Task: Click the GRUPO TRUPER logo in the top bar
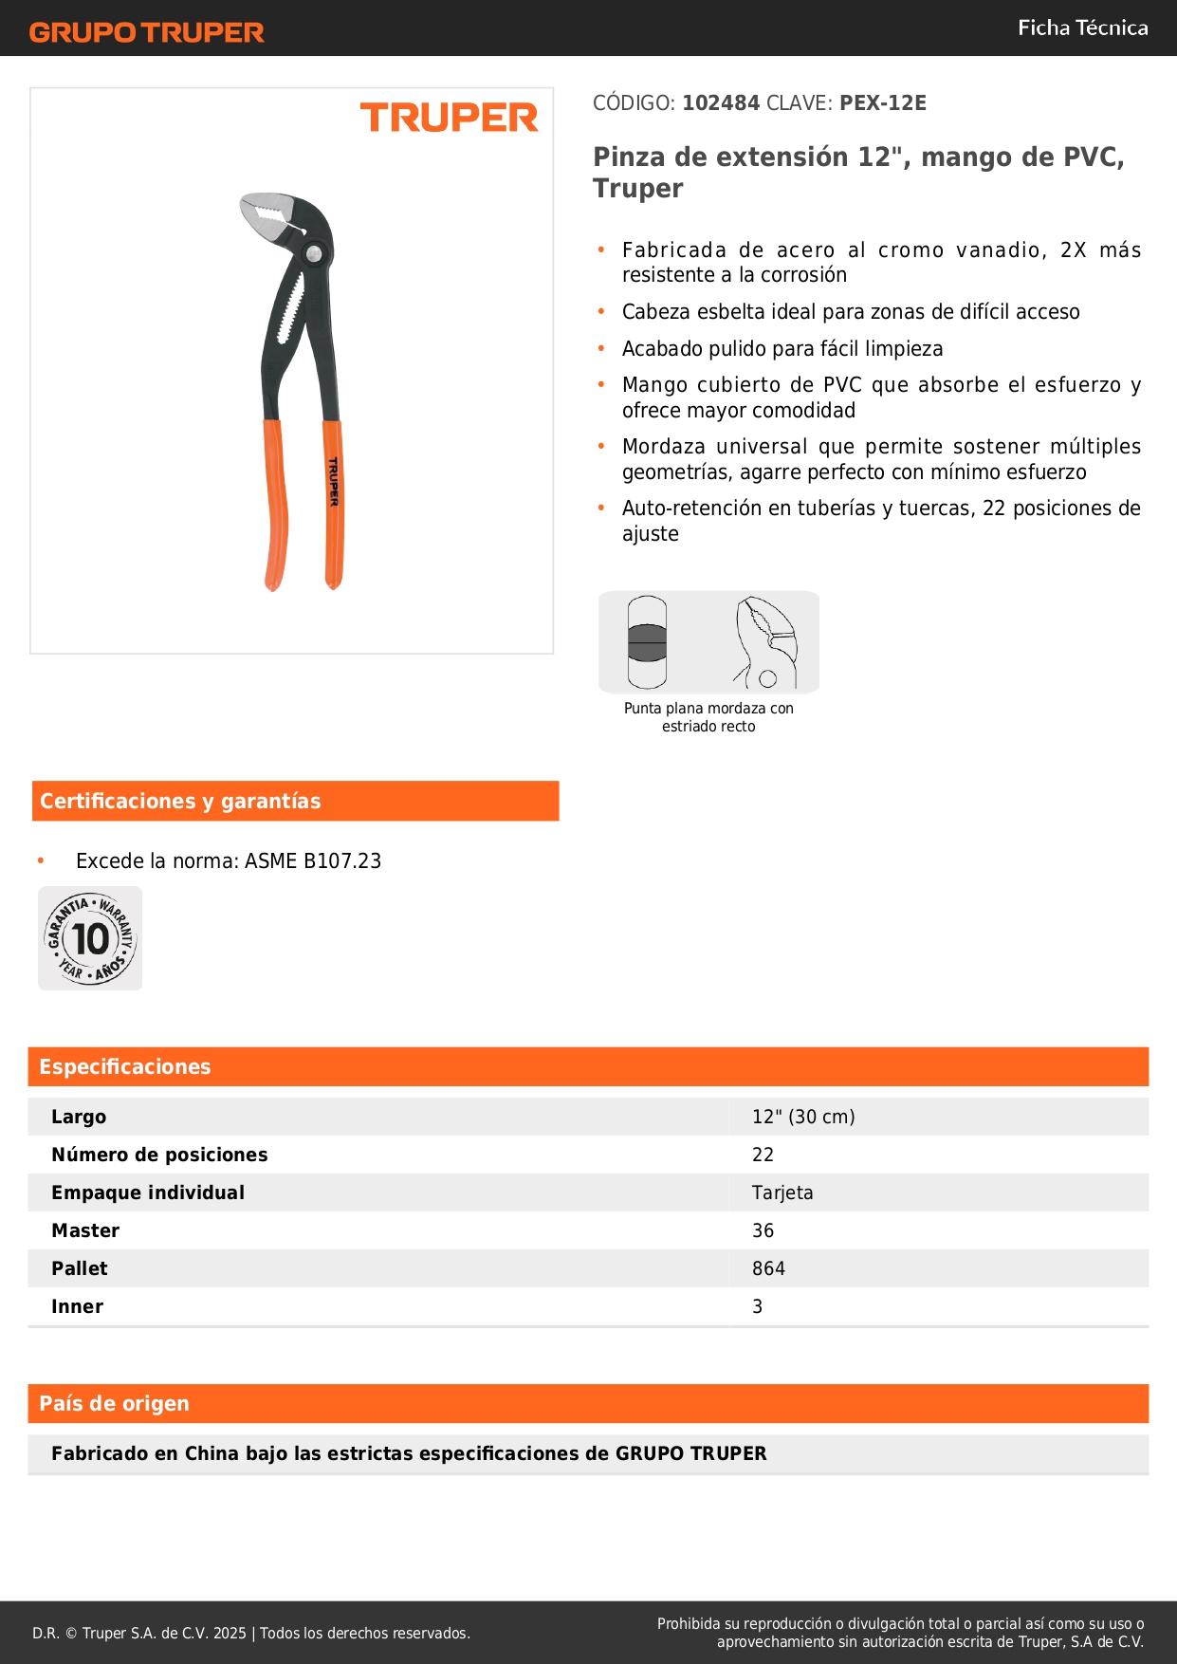(146, 32)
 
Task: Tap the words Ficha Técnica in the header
(1082, 28)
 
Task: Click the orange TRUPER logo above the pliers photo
(449, 118)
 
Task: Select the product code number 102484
(721, 102)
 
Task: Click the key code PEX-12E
(882, 102)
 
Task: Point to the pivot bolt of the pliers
(313, 253)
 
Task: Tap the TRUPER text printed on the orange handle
(333, 481)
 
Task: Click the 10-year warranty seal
(90, 938)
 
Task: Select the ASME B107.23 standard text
(313, 860)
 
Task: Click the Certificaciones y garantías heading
(180, 801)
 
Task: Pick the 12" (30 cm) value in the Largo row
(803, 1117)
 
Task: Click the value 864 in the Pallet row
(768, 1268)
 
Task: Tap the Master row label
(85, 1230)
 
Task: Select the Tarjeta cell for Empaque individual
(782, 1193)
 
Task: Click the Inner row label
(77, 1306)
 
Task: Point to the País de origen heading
(114, 1403)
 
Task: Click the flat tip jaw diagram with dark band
(647, 642)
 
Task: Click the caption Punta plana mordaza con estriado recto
(708, 717)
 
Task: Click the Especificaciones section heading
(124, 1066)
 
